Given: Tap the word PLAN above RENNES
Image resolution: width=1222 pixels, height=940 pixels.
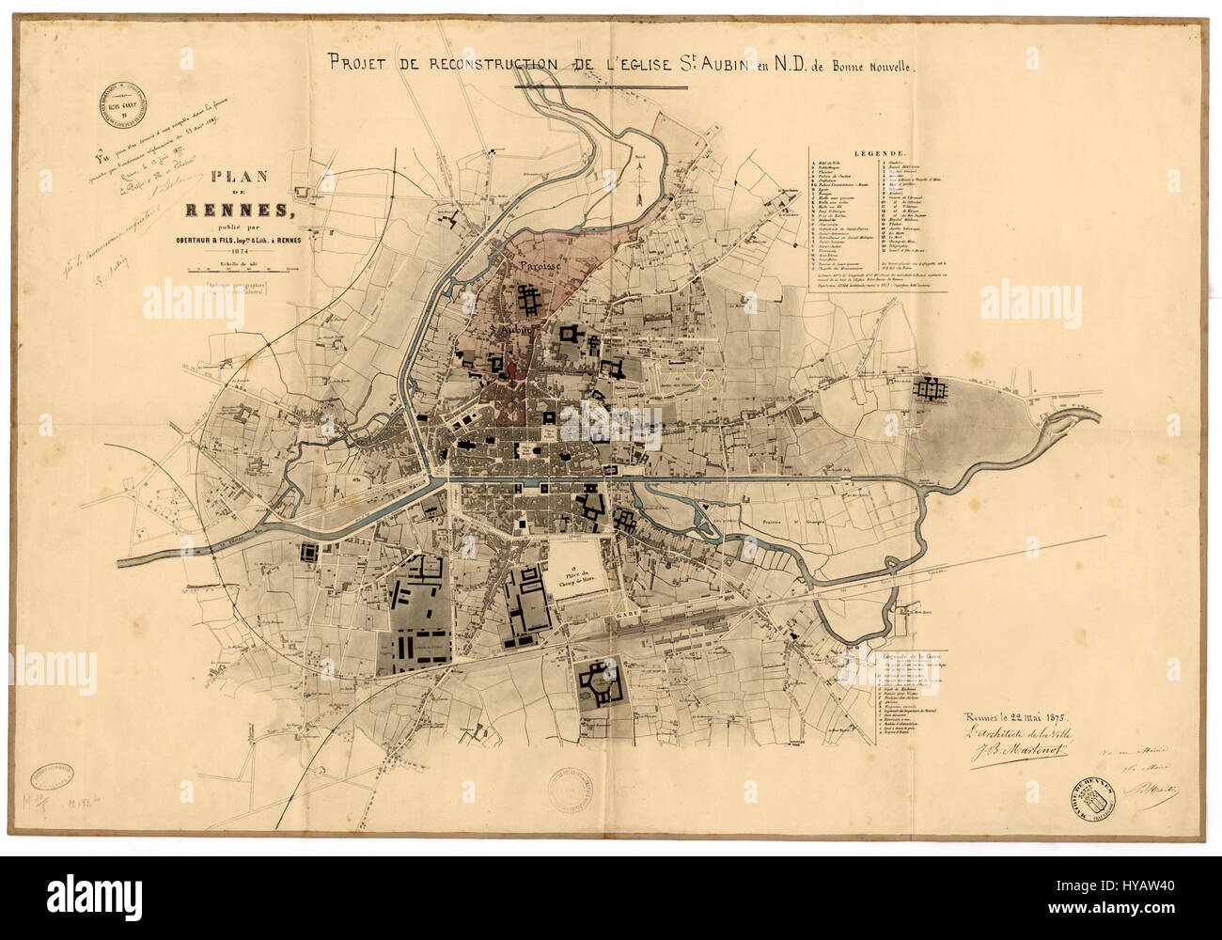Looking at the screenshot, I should (x=239, y=176).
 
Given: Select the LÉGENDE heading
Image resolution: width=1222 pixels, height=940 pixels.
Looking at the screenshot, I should (x=878, y=152).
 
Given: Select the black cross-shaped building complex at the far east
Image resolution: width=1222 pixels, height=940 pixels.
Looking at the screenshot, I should (x=934, y=387).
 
